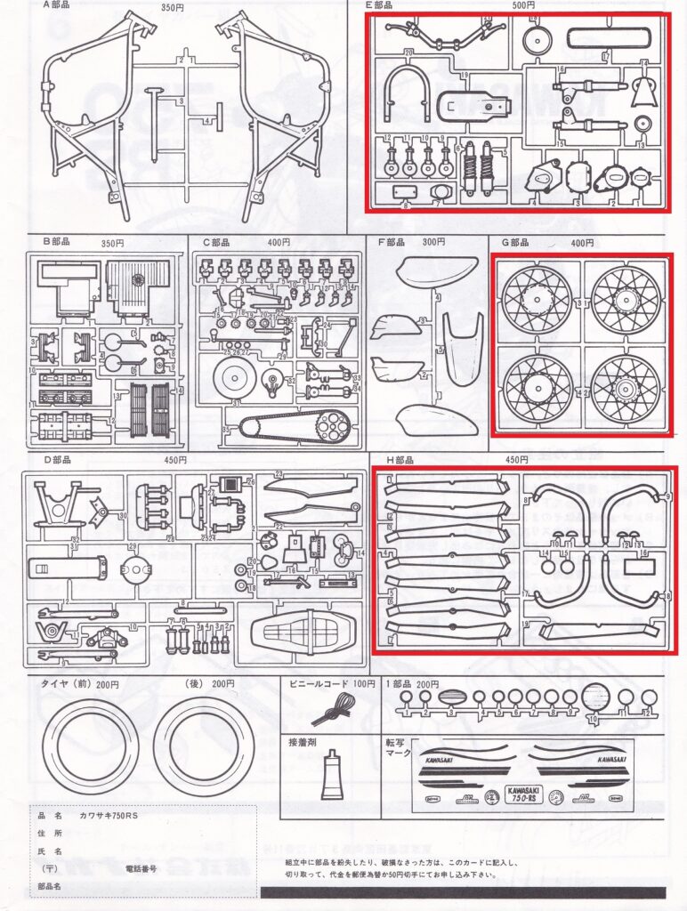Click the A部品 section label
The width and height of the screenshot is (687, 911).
pyautogui.click(x=56, y=6)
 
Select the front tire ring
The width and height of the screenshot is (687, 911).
pyautogui.click(x=89, y=746)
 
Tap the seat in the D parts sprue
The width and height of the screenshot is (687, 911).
pyautogui.click(x=296, y=635)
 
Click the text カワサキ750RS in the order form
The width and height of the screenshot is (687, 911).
pyautogui.click(x=109, y=815)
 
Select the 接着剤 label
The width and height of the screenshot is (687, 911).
pyautogui.click(x=302, y=741)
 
